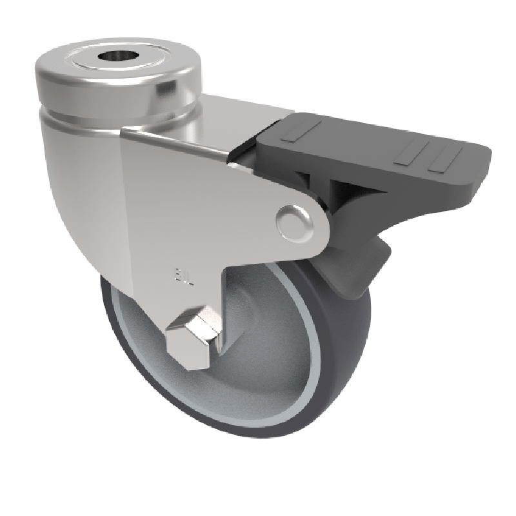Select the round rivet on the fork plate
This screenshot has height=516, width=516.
point(294,222)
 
